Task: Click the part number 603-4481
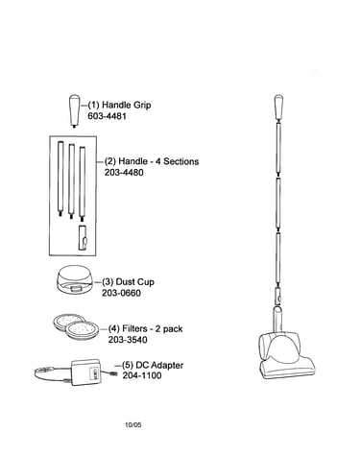pos(107,116)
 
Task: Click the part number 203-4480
pos(124,173)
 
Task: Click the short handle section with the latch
pos(83,237)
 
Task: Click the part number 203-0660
pos(121,293)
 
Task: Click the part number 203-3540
pos(128,340)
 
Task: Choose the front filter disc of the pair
pos(82,330)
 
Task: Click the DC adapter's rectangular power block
pos(85,372)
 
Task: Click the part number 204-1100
pos(142,375)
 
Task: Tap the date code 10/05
pos(132,425)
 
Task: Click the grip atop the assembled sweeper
pos(278,108)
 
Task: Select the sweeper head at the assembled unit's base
pos(285,356)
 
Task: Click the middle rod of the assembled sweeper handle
pos(278,204)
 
